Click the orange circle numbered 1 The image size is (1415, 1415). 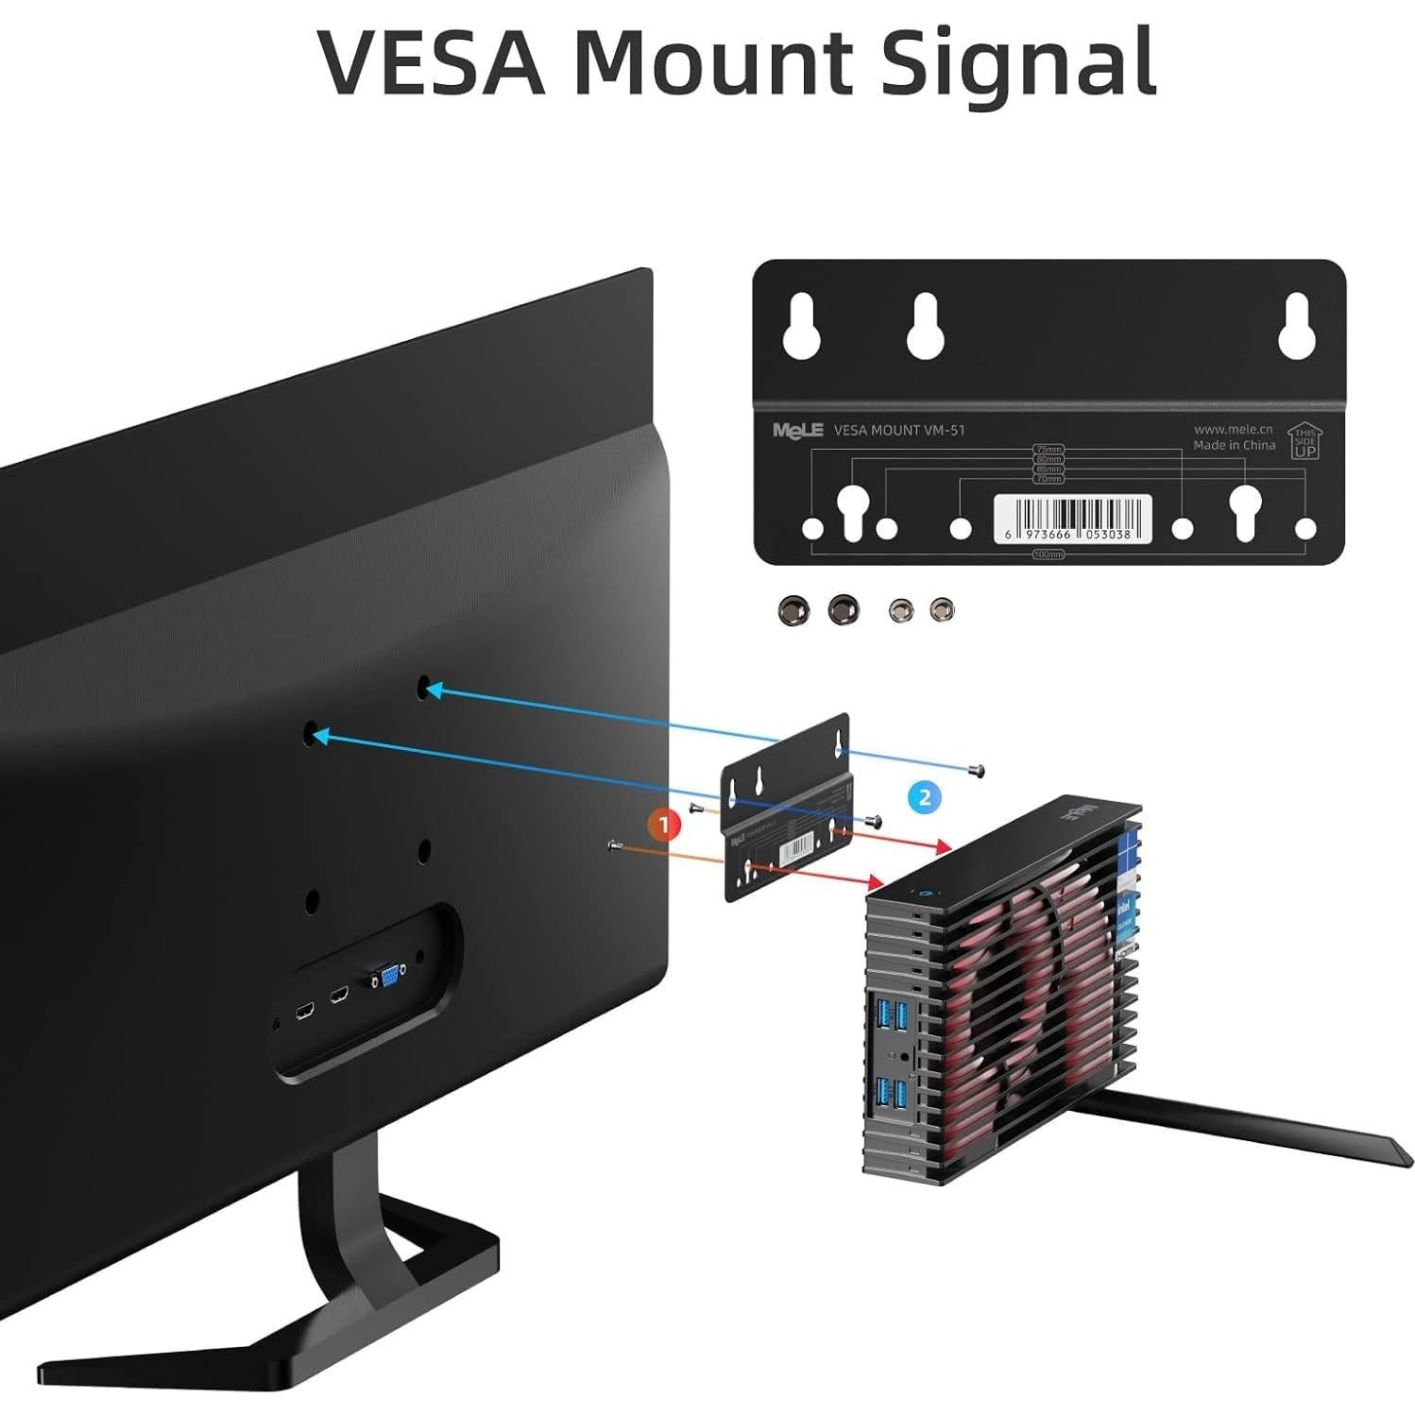(664, 825)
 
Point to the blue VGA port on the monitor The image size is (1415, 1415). (388, 974)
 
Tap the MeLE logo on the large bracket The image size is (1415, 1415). (797, 430)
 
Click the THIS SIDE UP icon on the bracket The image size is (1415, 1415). (1304, 441)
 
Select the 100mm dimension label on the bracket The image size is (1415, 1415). (1048, 554)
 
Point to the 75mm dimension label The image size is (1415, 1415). (1048, 450)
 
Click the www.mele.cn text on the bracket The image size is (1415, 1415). (1234, 429)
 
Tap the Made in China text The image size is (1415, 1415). (1234, 445)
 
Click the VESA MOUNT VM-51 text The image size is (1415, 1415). (899, 430)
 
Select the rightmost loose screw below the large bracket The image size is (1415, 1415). (942, 610)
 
